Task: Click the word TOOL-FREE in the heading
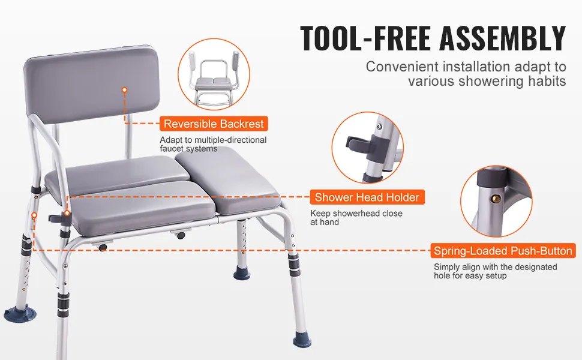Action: [367, 38]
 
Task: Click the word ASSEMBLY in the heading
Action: [503, 38]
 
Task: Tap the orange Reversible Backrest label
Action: [214, 124]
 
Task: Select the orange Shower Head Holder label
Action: [367, 197]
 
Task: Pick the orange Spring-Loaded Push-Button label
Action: [503, 251]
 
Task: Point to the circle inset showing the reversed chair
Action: [214, 74]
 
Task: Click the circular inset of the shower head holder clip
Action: [367, 148]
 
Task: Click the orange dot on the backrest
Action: [125, 89]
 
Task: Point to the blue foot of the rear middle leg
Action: [242, 275]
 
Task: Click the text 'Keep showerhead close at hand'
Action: [356, 217]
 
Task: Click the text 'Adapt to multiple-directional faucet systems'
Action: [213, 144]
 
